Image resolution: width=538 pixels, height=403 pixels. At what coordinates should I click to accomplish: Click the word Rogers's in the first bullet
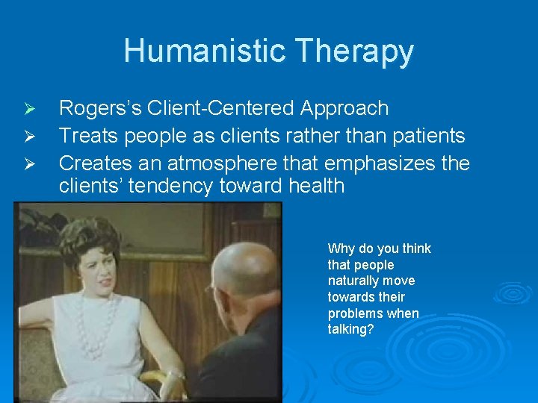click(x=101, y=109)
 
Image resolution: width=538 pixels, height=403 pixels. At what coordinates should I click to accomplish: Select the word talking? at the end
click(x=350, y=329)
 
